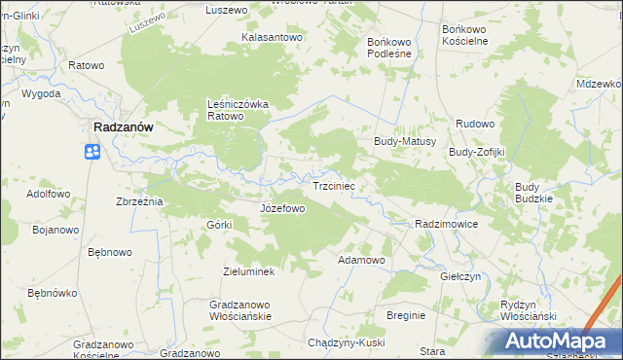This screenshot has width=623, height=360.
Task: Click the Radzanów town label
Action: (x=127, y=126)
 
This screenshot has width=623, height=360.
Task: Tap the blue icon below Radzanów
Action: (x=92, y=152)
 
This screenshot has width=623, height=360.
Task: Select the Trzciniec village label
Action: (x=338, y=185)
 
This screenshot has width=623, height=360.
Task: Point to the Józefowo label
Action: (x=283, y=208)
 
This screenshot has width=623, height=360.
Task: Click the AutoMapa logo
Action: (x=555, y=341)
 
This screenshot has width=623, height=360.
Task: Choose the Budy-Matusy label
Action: (x=404, y=141)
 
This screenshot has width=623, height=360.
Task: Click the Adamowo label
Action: (x=361, y=261)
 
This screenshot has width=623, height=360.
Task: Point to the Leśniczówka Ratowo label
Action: (x=238, y=110)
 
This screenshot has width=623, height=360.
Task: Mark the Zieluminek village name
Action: (x=249, y=271)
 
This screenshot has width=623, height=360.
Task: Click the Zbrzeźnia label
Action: (x=139, y=200)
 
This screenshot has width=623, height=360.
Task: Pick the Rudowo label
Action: (x=476, y=124)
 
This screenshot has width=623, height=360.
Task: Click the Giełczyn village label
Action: (x=461, y=276)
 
